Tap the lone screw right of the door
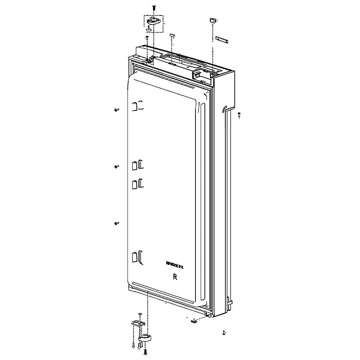(239, 114)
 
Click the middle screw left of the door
(116, 166)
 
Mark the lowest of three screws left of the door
(116, 224)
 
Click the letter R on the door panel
(175, 277)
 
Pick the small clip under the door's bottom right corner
(194, 319)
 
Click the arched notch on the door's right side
(225, 108)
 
